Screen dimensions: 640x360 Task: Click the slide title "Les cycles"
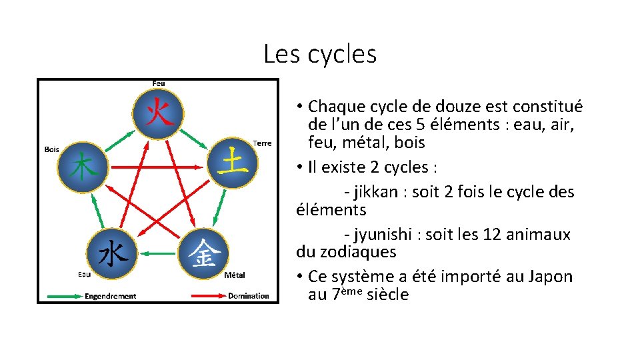[320, 53]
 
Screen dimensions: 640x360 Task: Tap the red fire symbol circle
[158, 113]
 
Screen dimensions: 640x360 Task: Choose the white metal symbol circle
[203, 253]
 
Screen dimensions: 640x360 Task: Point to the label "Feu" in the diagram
[159, 83]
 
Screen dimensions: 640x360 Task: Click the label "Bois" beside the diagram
[51, 149]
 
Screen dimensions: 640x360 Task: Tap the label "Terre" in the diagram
[262, 143]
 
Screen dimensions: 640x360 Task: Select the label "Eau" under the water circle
[85, 274]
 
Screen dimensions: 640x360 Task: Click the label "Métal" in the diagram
[235, 275]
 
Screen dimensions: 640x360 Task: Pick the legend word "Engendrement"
[110, 296]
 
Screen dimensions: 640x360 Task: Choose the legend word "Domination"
[249, 296]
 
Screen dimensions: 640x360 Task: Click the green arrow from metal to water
[158, 253]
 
